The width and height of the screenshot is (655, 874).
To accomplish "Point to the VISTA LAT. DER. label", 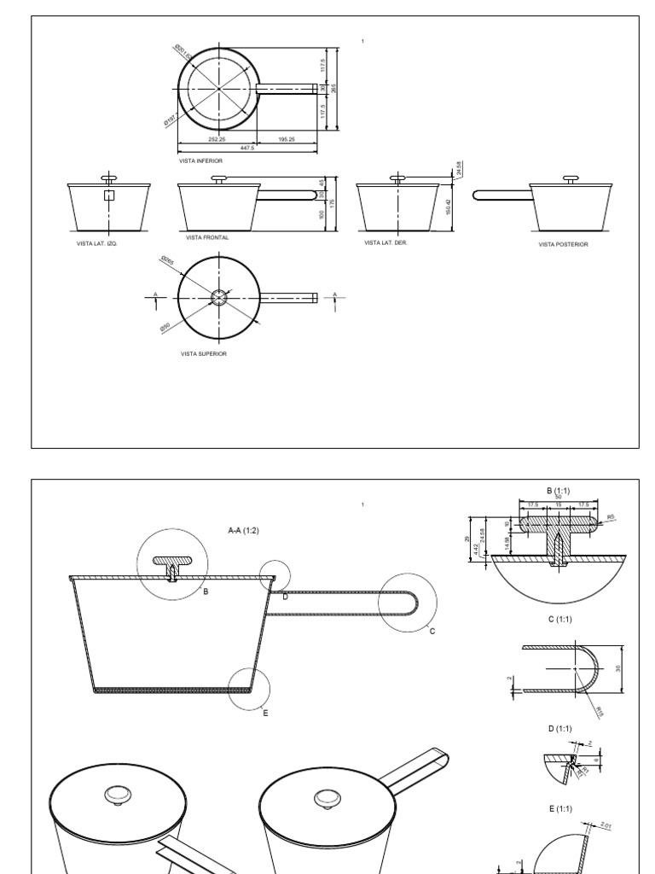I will [x=386, y=242].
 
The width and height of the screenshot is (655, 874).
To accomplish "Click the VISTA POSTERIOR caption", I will [x=563, y=244].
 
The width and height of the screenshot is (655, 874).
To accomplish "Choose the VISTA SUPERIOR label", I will [x=204, y=353].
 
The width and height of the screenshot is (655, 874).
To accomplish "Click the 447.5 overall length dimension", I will [x=248, y=148].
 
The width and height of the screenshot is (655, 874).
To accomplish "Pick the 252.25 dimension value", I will [x=217, y=139].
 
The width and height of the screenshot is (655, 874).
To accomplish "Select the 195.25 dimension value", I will [x=286, y=139].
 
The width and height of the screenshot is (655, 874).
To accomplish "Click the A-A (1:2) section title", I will [x=243, y=530].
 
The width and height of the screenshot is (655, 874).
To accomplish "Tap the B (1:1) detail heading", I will [x=558, y=490].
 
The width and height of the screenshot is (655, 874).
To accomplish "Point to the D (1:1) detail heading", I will [x=558, y=728].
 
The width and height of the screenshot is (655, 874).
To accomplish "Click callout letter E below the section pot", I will [x=265, y=712].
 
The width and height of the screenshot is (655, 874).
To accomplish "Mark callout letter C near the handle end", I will [x=432, y=631].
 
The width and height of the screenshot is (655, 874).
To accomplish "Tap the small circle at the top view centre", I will [x=219, y=296].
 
